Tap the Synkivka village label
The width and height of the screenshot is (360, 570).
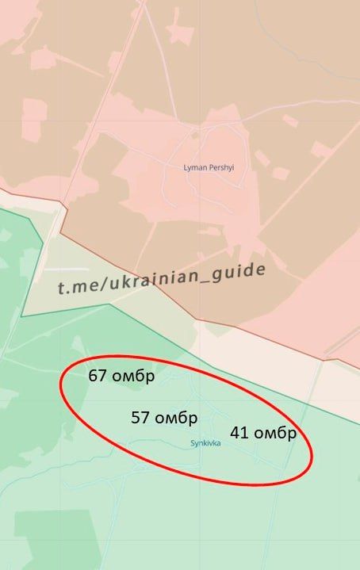point(205,443)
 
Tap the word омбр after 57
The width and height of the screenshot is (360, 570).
point(175,418)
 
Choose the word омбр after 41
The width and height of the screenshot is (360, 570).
point(274,434)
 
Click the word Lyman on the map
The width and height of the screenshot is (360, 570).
point(193,168)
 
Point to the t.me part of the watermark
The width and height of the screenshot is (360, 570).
point(74,286)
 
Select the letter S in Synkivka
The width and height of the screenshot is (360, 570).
point(192,443)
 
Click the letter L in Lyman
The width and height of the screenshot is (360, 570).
point(185,168)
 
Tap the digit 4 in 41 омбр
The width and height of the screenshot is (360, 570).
point(236,433)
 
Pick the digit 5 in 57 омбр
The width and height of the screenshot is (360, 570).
point(136,418)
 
